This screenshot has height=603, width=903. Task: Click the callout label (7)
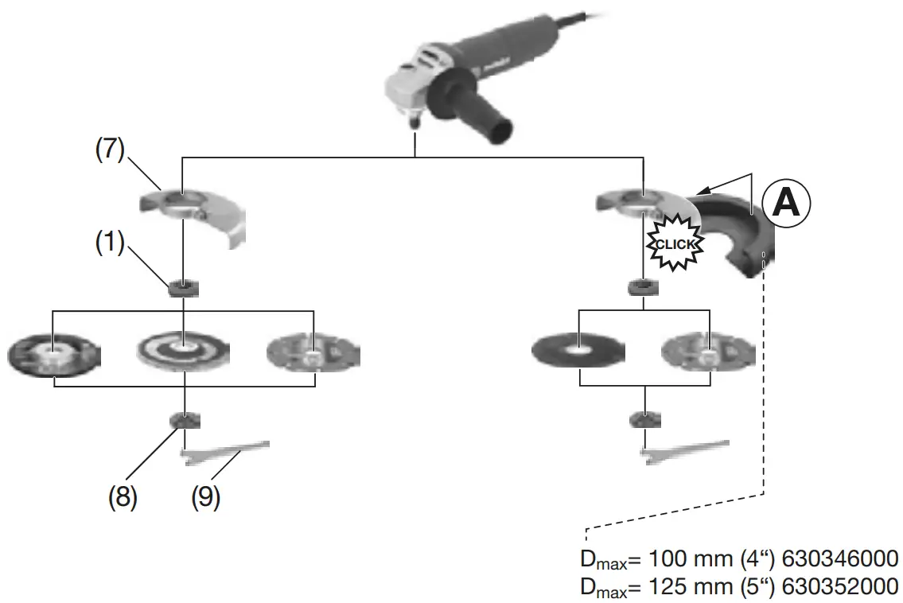(x=110, y=151)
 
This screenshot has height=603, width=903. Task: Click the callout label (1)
(x=110, y=243)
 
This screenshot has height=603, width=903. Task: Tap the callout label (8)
(x=123, y=497)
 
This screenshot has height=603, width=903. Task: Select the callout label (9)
(x=205, y=497)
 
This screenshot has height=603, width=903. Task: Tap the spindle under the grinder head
(x=415, y=121)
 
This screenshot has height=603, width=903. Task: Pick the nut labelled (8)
(x=184, y=420)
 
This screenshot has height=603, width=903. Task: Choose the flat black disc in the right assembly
(x=578, y=348)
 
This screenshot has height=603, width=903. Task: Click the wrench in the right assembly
(x=684, y=449)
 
